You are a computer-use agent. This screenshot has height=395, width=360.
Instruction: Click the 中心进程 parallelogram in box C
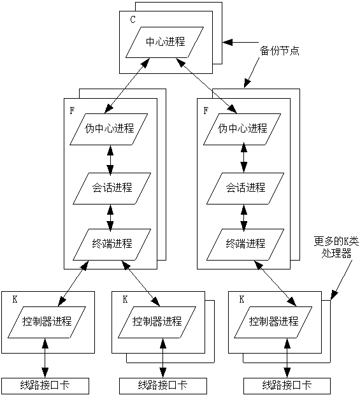tap(165, 42)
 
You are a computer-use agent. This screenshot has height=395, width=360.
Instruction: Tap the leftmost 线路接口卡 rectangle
tap(45, 385)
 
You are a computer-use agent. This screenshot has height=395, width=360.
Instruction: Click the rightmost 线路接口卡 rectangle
tap(287, 385)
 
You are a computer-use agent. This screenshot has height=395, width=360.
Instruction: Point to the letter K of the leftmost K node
tap(14, 299)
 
